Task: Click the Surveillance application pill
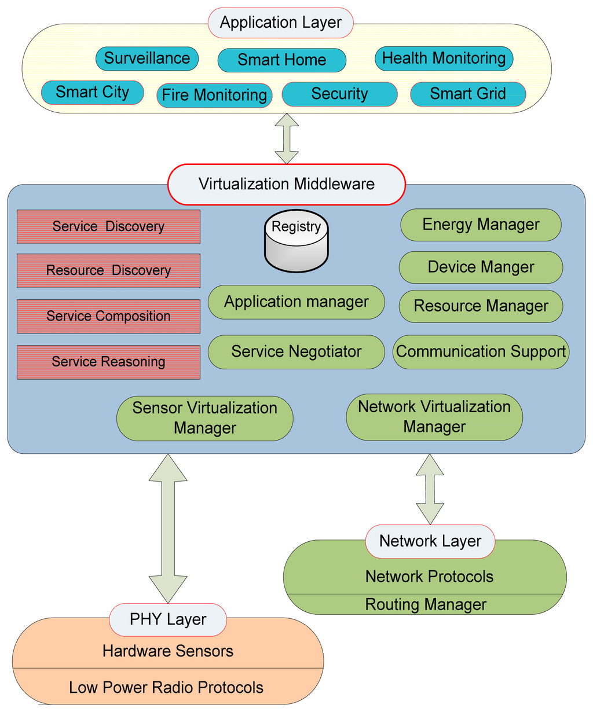[147, 58]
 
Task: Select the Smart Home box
[281, 60]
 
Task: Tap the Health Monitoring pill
[444, 58]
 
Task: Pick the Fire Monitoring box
[214, 95]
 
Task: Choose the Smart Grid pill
[468, 94]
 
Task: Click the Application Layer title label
[280, 23]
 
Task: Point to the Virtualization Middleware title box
[286, 184]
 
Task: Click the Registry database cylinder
[296, 241]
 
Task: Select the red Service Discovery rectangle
[108, 226]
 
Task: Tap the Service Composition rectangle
[108, 316]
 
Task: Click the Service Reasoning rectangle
[108, 362]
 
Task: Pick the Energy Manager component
[481, 225]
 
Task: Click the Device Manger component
[481, 267]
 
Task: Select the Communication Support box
[481, 351]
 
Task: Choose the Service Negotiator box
[296, 351]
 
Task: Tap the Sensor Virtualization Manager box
[204, 418]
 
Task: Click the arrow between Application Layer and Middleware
[287, 138]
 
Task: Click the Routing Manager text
[426, 604]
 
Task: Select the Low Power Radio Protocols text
[166, 687]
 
